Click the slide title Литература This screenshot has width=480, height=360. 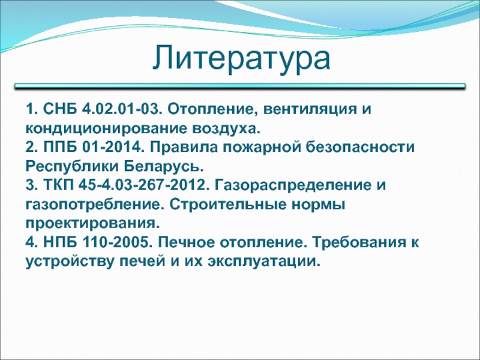pos(241,58)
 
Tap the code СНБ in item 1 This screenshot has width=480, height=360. pos(61,109)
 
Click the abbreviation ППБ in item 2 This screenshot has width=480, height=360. pos(61,147)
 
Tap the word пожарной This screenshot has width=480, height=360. pos(262,148)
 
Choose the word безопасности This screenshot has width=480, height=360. pos(359,147)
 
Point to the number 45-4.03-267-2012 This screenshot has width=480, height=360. pos(144,185)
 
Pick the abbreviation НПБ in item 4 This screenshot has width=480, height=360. pos(61,243)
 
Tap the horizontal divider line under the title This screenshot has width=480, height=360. pos(240,86)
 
